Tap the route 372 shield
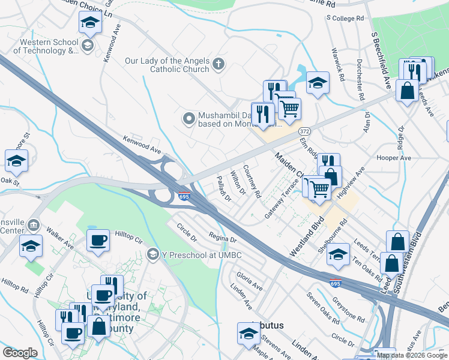[305, 131]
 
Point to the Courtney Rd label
[253, 182]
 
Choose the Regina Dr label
[223, 237]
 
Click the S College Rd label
[345, 19]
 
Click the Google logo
[20, 353]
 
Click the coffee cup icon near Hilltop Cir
[98, 241]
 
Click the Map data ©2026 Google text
[412, 355]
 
